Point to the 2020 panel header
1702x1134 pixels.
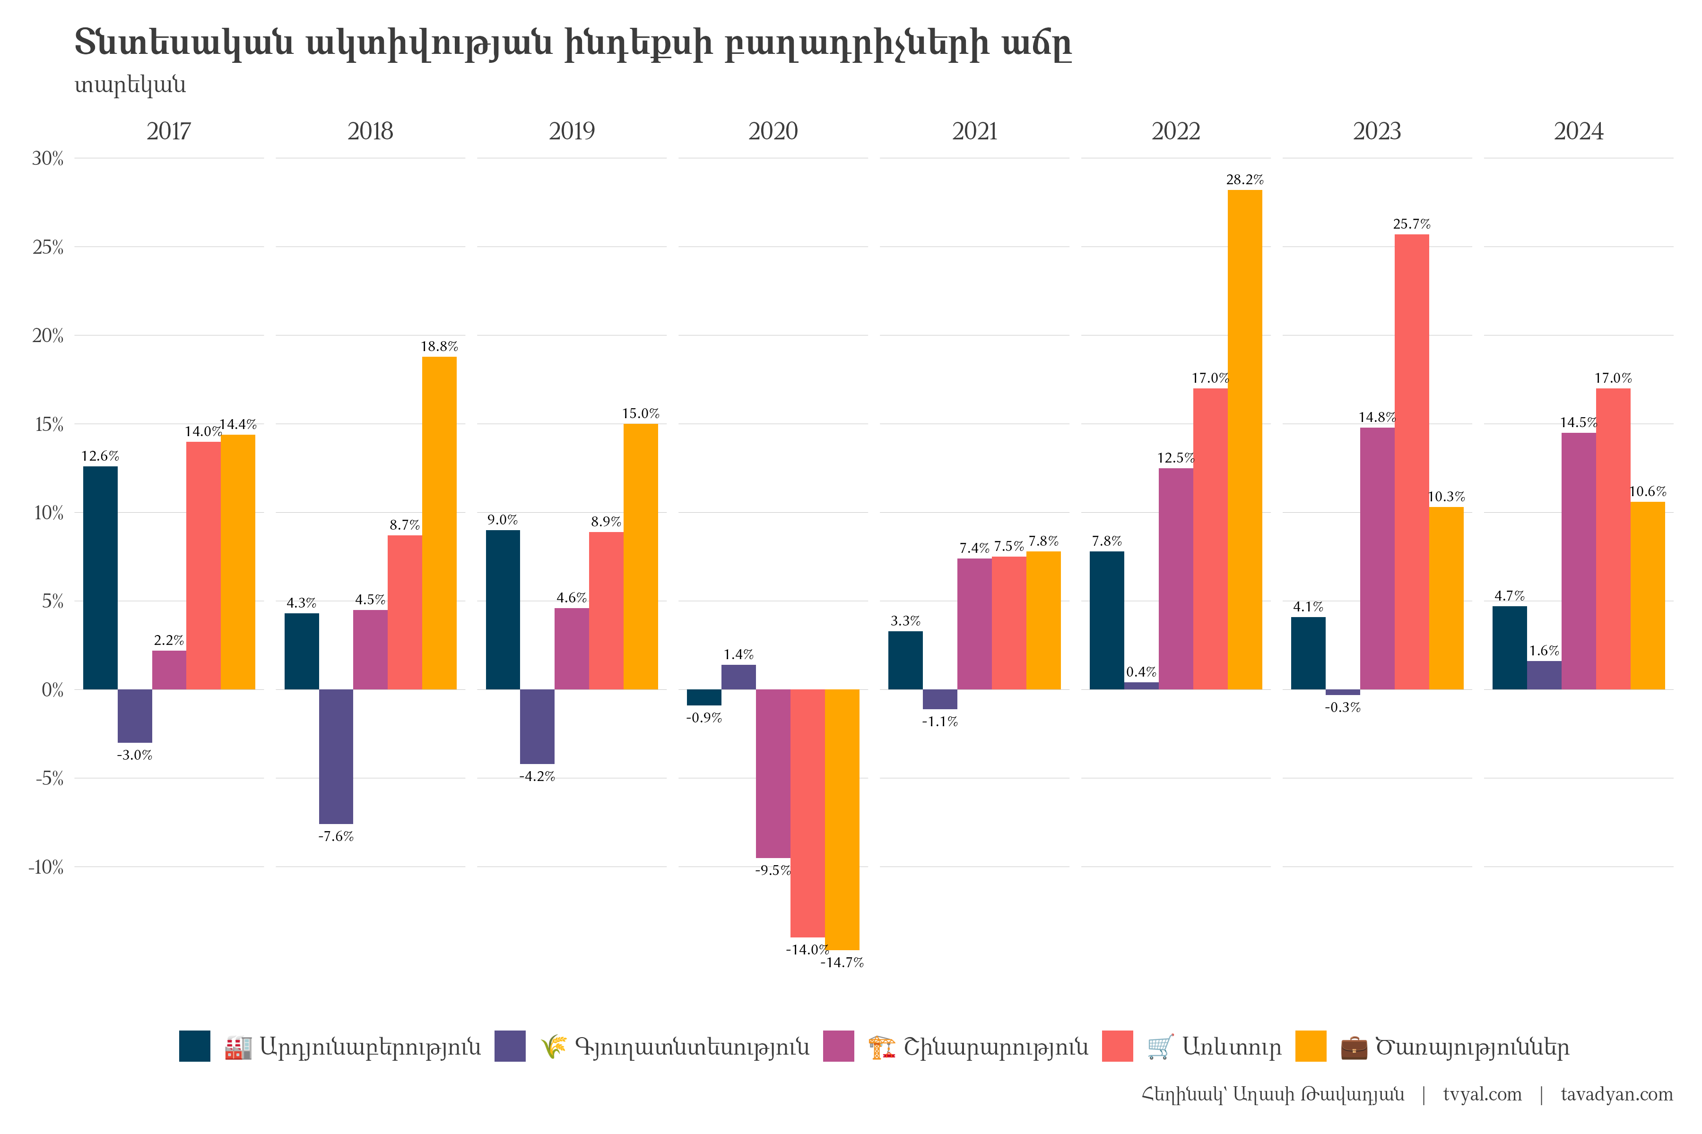click(773, 132)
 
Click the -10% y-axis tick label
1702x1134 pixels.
click(45, 867)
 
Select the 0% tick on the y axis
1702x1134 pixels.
click(52, 690)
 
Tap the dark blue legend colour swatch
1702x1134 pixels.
click(195, 1047)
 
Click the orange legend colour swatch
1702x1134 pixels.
click(1311, 1047)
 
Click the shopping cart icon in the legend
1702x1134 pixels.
click(1160, 1047)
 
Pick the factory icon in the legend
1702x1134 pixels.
click(238, 1047)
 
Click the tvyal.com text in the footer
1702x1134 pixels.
click(1482, 1094)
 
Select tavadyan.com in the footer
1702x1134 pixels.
click(1616, 1094)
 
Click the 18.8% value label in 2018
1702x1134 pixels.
click(439, 346)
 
